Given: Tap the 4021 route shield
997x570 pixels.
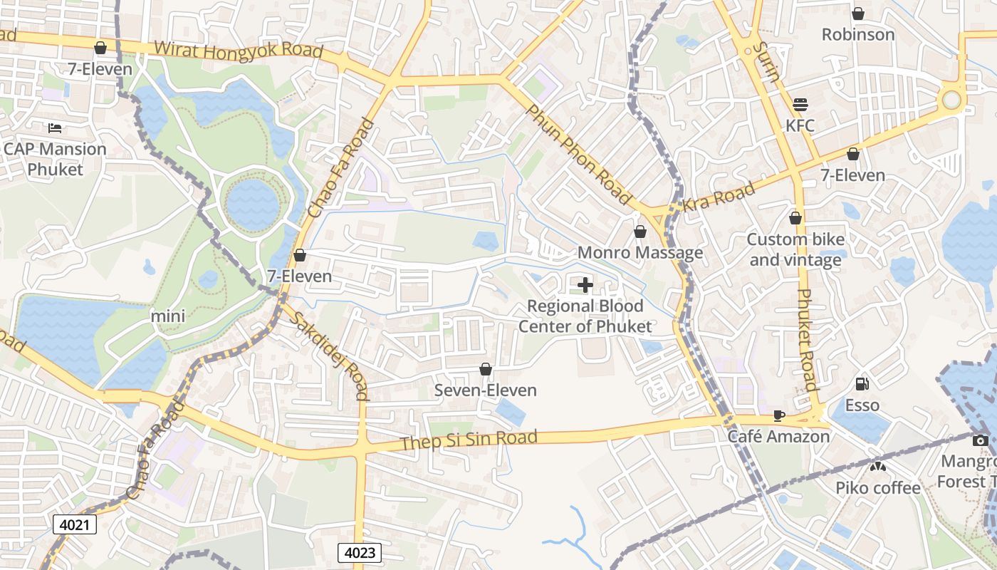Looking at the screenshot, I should [x=75, y=525].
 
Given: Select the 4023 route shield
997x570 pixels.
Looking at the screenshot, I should [x=360, y=552].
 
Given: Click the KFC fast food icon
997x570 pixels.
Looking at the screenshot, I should [x=800, y=104].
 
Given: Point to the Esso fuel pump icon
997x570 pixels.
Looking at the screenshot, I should [x=862, y=383].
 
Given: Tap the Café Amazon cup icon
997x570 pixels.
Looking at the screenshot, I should [x=779, y=415].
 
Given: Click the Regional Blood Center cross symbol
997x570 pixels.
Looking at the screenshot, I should [x=585, y=286].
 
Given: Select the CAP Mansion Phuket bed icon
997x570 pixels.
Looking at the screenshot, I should [x=55, y=128].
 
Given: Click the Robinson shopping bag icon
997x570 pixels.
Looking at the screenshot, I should [x=858, y=14].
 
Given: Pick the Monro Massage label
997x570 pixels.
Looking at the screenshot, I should [x=640, y=253].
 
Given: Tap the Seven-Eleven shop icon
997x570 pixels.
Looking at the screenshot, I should [x=486, y=369].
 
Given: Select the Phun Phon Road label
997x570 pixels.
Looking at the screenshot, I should [x=579, y=154].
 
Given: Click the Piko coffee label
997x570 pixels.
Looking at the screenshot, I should [x=878, y=488].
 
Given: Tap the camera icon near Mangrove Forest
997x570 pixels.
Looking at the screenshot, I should [x=981, y=440].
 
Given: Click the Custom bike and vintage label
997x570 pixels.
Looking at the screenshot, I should [x=794, y=249].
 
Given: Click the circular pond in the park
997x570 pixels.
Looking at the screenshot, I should [x=253, y=205].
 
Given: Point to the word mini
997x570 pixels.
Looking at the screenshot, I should [x=168, y=316].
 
